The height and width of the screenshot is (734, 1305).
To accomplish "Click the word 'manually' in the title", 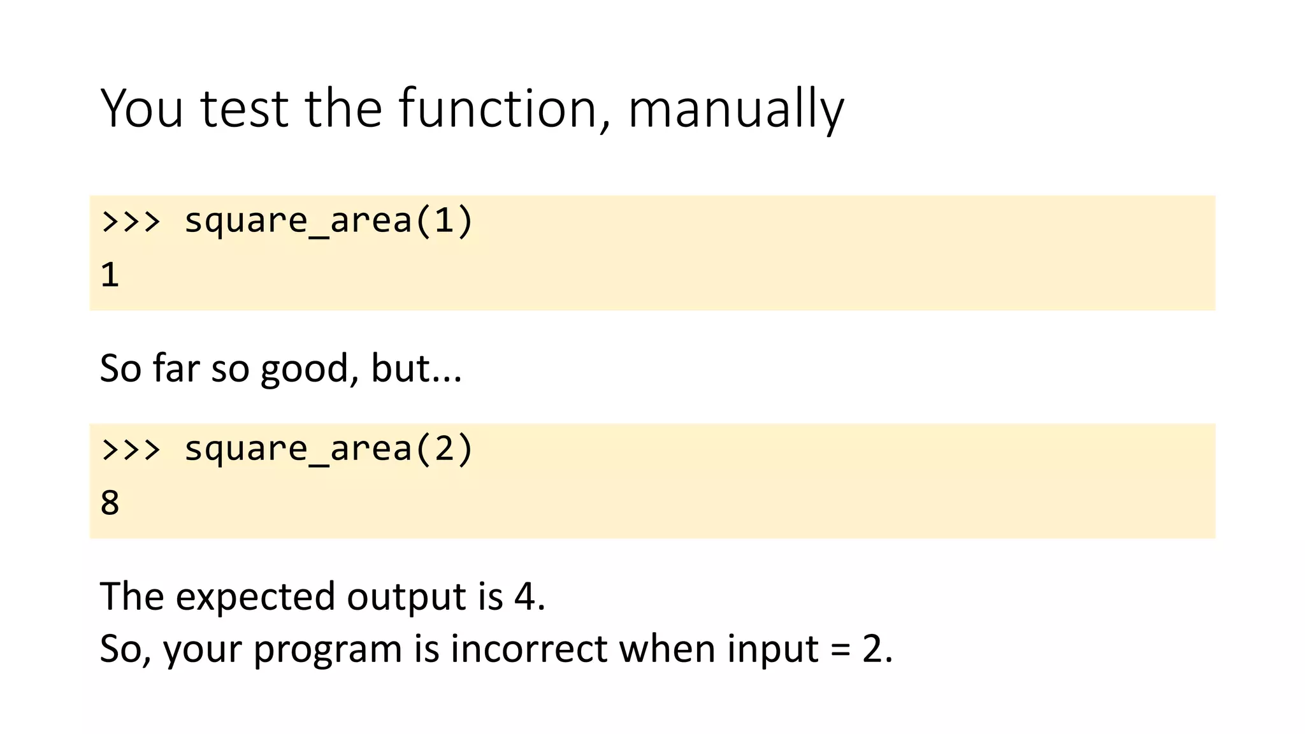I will (736, 110).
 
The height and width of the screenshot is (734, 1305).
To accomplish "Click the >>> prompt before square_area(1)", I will (131, 221).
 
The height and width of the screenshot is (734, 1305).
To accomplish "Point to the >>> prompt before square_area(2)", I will (131, 449).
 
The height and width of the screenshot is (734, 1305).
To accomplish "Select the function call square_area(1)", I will (329, 221).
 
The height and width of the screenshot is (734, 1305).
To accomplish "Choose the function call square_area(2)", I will (329, 449).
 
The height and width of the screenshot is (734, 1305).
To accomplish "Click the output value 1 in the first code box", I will (110, 275).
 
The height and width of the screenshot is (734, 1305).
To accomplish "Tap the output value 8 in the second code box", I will (110, 503).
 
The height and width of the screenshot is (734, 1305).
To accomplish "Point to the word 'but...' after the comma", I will (416, 369).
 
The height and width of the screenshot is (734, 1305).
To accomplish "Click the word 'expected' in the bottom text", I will (255, 597).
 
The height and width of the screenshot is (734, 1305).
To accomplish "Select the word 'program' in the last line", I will (328, 649).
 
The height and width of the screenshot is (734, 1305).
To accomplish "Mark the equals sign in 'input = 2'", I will (840, 651).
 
